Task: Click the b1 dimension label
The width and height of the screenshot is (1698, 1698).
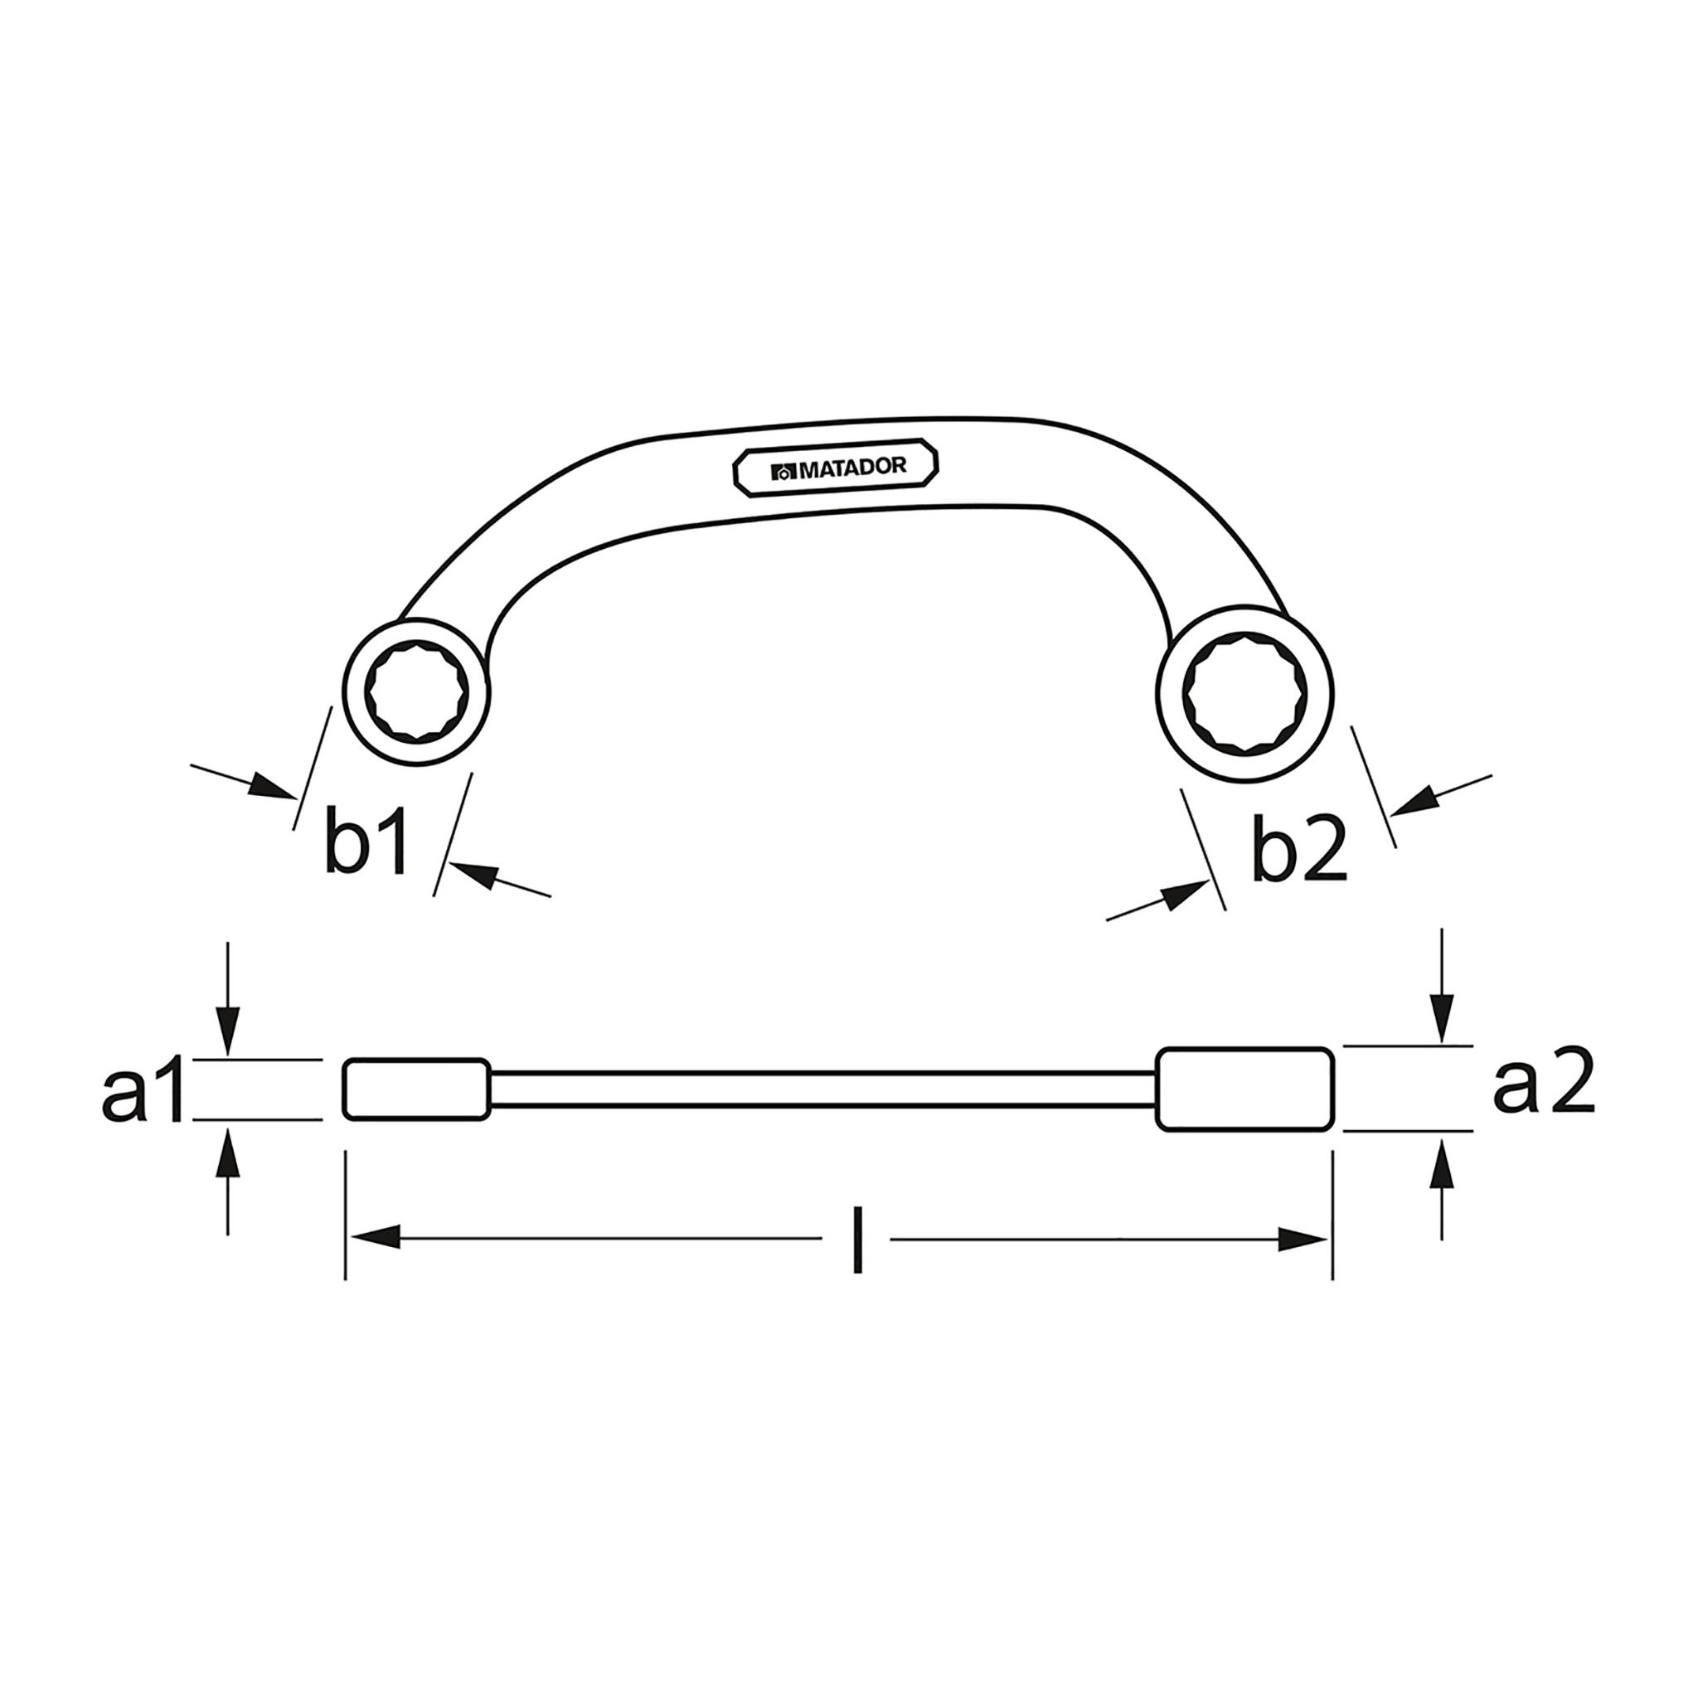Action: [x=366, y=843]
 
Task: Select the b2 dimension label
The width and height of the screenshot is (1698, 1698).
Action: [x=1299, y=849]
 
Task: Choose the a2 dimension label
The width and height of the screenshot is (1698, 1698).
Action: [x=1543, y=1084]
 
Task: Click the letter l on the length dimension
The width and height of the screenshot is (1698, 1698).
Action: [x=858, y=1240]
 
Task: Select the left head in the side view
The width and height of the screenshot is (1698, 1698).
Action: [x=415, y=1089]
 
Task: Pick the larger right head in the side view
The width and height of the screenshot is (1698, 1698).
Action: [x=1244, y=1089]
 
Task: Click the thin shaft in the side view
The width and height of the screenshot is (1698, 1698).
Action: [x=822, y=1089]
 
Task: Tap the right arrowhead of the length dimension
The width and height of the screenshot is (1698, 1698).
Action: [x=1304, y=1240]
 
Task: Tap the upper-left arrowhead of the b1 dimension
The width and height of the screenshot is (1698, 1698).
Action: [x=268, y=787]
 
